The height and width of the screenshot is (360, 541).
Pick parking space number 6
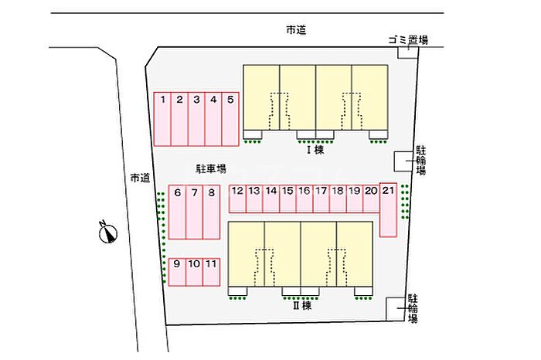click(x=178, y=212)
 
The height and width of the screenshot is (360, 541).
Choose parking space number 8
click(x=212, y=212)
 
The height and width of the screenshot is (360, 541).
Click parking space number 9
click(x=177, y=271)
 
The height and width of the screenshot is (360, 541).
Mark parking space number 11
click(x=211, y=271)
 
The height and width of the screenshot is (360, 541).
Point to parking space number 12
click(x=237, y=198)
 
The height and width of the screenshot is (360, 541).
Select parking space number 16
click(x=305, y=198)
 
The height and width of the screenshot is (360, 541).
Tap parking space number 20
click(x=371, y=198)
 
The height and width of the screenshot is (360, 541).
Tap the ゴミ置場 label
click(x=408, y=39)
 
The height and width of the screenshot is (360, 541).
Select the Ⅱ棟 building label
click(x=301, y=305)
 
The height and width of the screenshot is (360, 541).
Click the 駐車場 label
click(x=209, y=168)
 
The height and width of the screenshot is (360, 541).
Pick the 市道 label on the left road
click(x=139, y=178)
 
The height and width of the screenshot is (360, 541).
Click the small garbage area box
click(x=408, y=52)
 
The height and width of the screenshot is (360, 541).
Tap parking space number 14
click(x=270, y=198)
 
